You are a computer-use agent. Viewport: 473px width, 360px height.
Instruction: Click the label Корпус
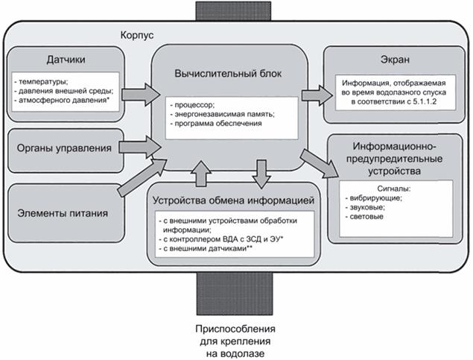click(137, 35)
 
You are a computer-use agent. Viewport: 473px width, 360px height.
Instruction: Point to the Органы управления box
click(64, 148)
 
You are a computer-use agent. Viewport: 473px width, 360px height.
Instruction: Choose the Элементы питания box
click(64, 215)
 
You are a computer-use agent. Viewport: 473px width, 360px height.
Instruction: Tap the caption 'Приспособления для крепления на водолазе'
click(235, 341)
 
